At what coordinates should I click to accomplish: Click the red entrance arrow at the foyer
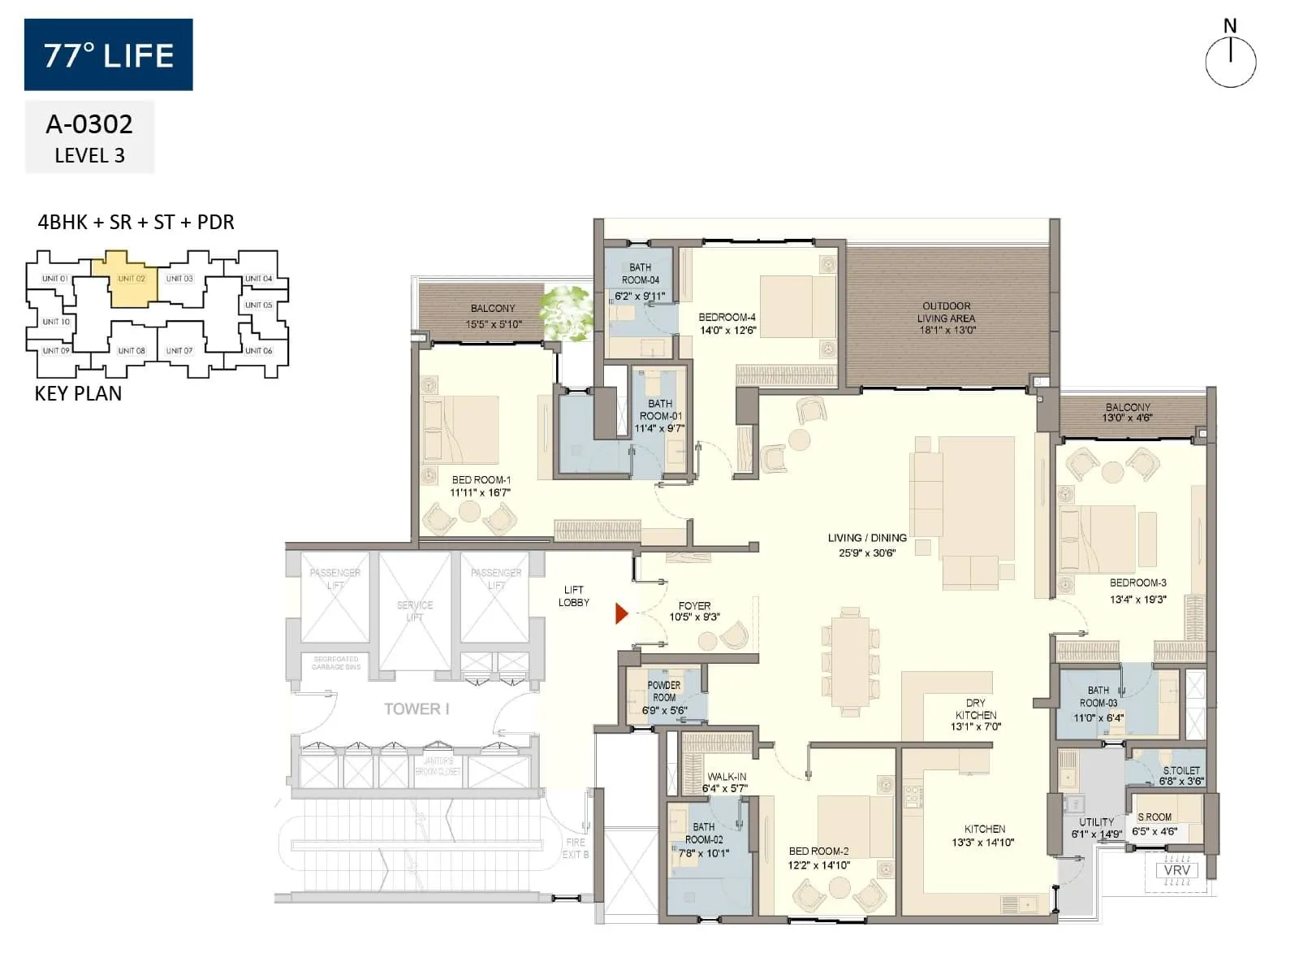[621, 613]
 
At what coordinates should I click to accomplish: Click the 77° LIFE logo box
[109, 54]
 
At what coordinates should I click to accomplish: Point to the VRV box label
[1177, 870]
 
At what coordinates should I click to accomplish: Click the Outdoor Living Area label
[947, 318]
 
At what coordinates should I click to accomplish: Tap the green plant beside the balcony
[568, 312]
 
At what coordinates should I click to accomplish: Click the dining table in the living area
[850, 661]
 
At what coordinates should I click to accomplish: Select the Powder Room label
[664, 691]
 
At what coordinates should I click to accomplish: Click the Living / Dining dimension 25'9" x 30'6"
[867, 552]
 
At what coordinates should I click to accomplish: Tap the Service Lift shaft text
[415, 611]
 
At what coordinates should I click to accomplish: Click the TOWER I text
[416, 708]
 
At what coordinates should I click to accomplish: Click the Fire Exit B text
[576, 848]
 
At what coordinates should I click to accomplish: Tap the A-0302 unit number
[89, 124]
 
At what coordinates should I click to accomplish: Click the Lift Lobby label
[573, 596]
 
